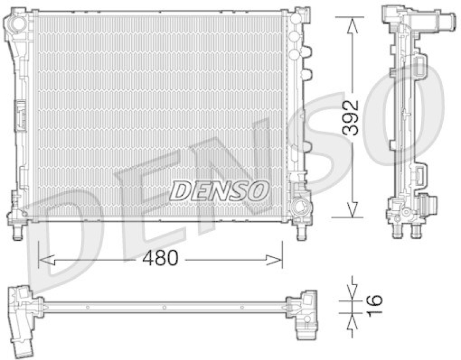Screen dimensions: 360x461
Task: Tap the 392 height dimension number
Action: point(350,118)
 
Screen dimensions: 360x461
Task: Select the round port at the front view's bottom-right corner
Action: point(299,204)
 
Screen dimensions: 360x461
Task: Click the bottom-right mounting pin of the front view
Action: point(301,232)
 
